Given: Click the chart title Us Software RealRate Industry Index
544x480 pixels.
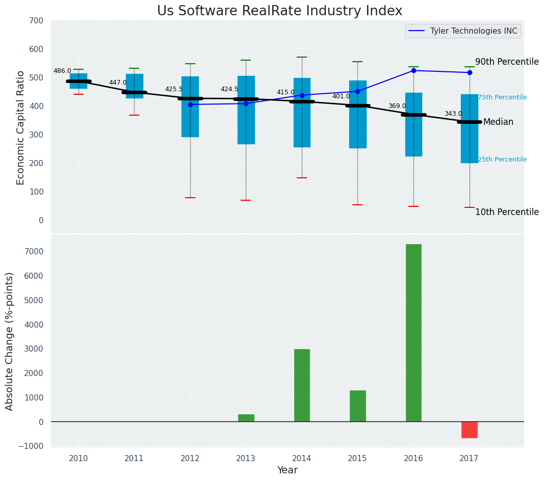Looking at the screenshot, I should point(279,11).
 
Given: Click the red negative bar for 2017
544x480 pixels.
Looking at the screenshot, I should point(469,430).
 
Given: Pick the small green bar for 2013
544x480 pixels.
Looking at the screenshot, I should point(246,418).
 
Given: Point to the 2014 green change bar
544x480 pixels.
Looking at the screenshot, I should point(302,385).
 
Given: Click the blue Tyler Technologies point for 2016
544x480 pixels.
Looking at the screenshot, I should point(413,70).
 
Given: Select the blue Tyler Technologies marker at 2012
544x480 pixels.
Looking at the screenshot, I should point(190,104).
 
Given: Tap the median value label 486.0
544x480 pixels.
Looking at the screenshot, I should point(62,71).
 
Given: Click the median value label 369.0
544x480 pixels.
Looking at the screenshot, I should point(397,106).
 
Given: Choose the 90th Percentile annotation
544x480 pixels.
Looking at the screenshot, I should point(507,62).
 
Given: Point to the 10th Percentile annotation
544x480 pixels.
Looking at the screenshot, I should point(507,212).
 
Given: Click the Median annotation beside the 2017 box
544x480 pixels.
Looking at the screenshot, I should point(498,122).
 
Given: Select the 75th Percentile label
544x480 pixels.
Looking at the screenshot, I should point(502,97).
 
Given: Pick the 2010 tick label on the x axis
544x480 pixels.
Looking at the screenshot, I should point(79,458).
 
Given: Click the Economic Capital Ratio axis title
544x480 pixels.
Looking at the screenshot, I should point(21,127).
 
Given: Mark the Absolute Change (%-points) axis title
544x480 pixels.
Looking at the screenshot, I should point(10,341).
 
